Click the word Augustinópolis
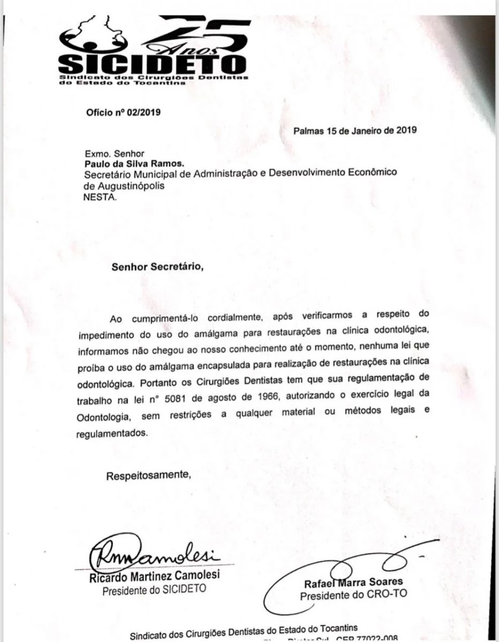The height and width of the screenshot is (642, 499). point(130,186)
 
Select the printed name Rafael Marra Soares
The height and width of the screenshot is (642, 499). point(353,583)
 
